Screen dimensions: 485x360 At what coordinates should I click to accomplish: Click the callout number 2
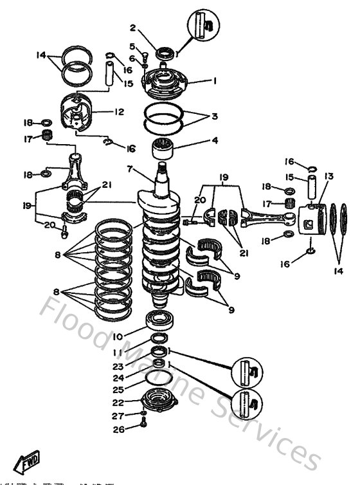coord(133,28)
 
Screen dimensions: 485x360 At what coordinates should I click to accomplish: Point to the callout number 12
coord(119,111)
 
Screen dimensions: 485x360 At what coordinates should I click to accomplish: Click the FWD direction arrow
coord(26,463)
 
